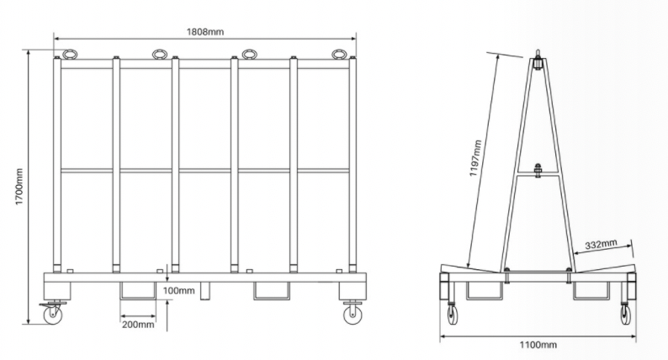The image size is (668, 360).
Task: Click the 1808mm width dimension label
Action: [205, 31]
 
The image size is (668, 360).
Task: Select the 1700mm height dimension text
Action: [19, 186]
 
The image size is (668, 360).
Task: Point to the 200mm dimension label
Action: [138, 323]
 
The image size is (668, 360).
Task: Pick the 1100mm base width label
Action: [538, 345]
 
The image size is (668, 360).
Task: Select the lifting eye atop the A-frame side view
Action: [536, 61]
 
